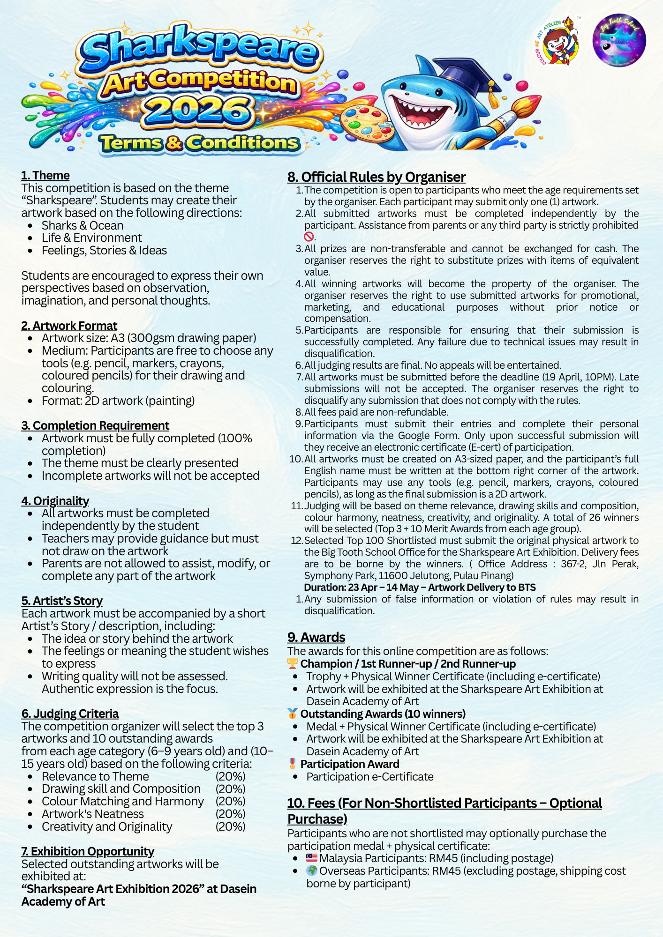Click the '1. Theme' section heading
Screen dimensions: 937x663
pos(45,175)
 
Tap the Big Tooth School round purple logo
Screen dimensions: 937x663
pos(619,40)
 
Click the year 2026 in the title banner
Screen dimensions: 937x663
pos(197,112)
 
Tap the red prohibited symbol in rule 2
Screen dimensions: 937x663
pos(309,237)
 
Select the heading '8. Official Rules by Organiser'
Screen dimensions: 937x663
pos(377,177)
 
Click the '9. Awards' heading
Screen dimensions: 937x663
pos(316,637)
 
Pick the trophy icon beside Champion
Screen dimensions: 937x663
pos(292,663)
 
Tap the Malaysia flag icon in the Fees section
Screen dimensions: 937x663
pos(312,858)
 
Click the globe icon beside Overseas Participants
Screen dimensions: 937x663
pos(312,870)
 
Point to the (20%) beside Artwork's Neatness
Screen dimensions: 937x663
pos(230,814)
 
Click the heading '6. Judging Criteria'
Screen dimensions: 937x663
pos(70,714)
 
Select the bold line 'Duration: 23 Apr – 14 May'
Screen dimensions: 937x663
pos(420,587)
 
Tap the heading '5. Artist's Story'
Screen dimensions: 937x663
pos(62,601)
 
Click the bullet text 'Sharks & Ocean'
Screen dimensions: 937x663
pos(83,225)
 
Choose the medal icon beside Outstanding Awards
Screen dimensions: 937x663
pos(292,714)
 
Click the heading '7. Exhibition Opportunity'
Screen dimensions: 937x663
pos(88,851)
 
